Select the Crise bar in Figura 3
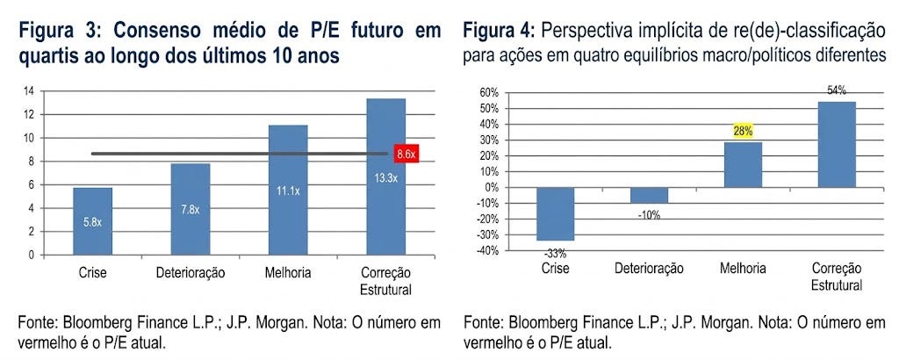coord(93,221)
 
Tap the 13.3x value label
coord(386,177)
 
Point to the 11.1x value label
coord(288,191)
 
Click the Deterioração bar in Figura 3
coord(191,209)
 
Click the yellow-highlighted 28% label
coord(743,132)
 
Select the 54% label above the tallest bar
coord(837,91)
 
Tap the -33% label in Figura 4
coord(555,252)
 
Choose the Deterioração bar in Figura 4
coord(649,196)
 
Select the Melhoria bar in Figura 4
coord(743,165)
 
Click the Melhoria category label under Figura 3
coord(288,273)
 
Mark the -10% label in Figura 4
coord(649,216)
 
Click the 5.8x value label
coord(92,222)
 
